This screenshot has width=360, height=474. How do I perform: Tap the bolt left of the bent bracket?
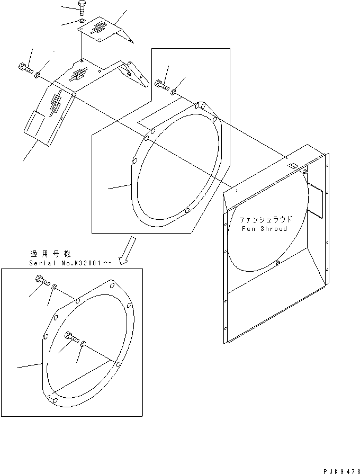point(25,67)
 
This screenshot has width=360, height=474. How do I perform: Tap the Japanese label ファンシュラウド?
point(265,219)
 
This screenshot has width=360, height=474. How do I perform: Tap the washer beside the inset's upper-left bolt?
point(55,287)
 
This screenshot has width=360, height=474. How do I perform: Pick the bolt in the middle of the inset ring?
point(73,336)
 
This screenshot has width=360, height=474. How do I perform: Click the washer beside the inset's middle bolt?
point(84,345)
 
